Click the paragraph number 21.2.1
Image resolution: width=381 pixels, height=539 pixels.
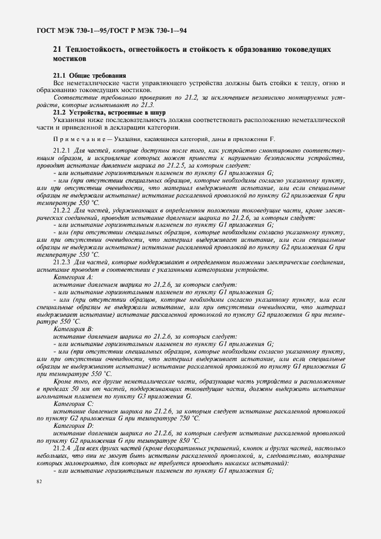[62, 150]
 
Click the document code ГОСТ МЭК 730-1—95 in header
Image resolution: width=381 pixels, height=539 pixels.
[67, 28]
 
